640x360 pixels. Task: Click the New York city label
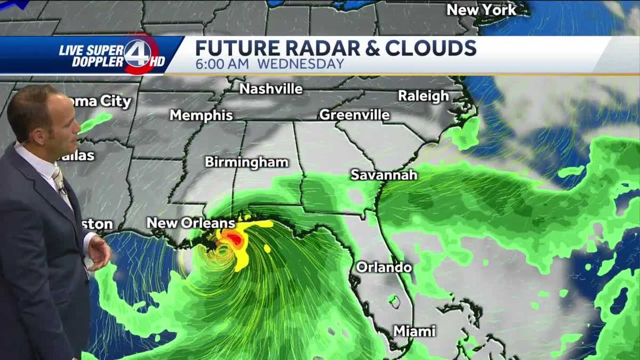coord(481,10)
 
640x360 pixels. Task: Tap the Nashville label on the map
coord(271,89)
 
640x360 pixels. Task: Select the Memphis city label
coord(201,115)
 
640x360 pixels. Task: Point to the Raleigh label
coord(423,96)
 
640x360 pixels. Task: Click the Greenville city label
coord(354,115)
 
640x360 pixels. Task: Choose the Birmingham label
coord(246,162)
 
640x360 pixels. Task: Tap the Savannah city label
coord(383,174)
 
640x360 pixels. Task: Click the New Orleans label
coord(190,223)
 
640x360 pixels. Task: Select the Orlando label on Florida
coord(383,267)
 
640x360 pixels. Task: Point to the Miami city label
coord(414,331)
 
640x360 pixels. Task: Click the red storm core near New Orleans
coord(235,239)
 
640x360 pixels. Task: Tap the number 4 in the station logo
coord(137,53)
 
